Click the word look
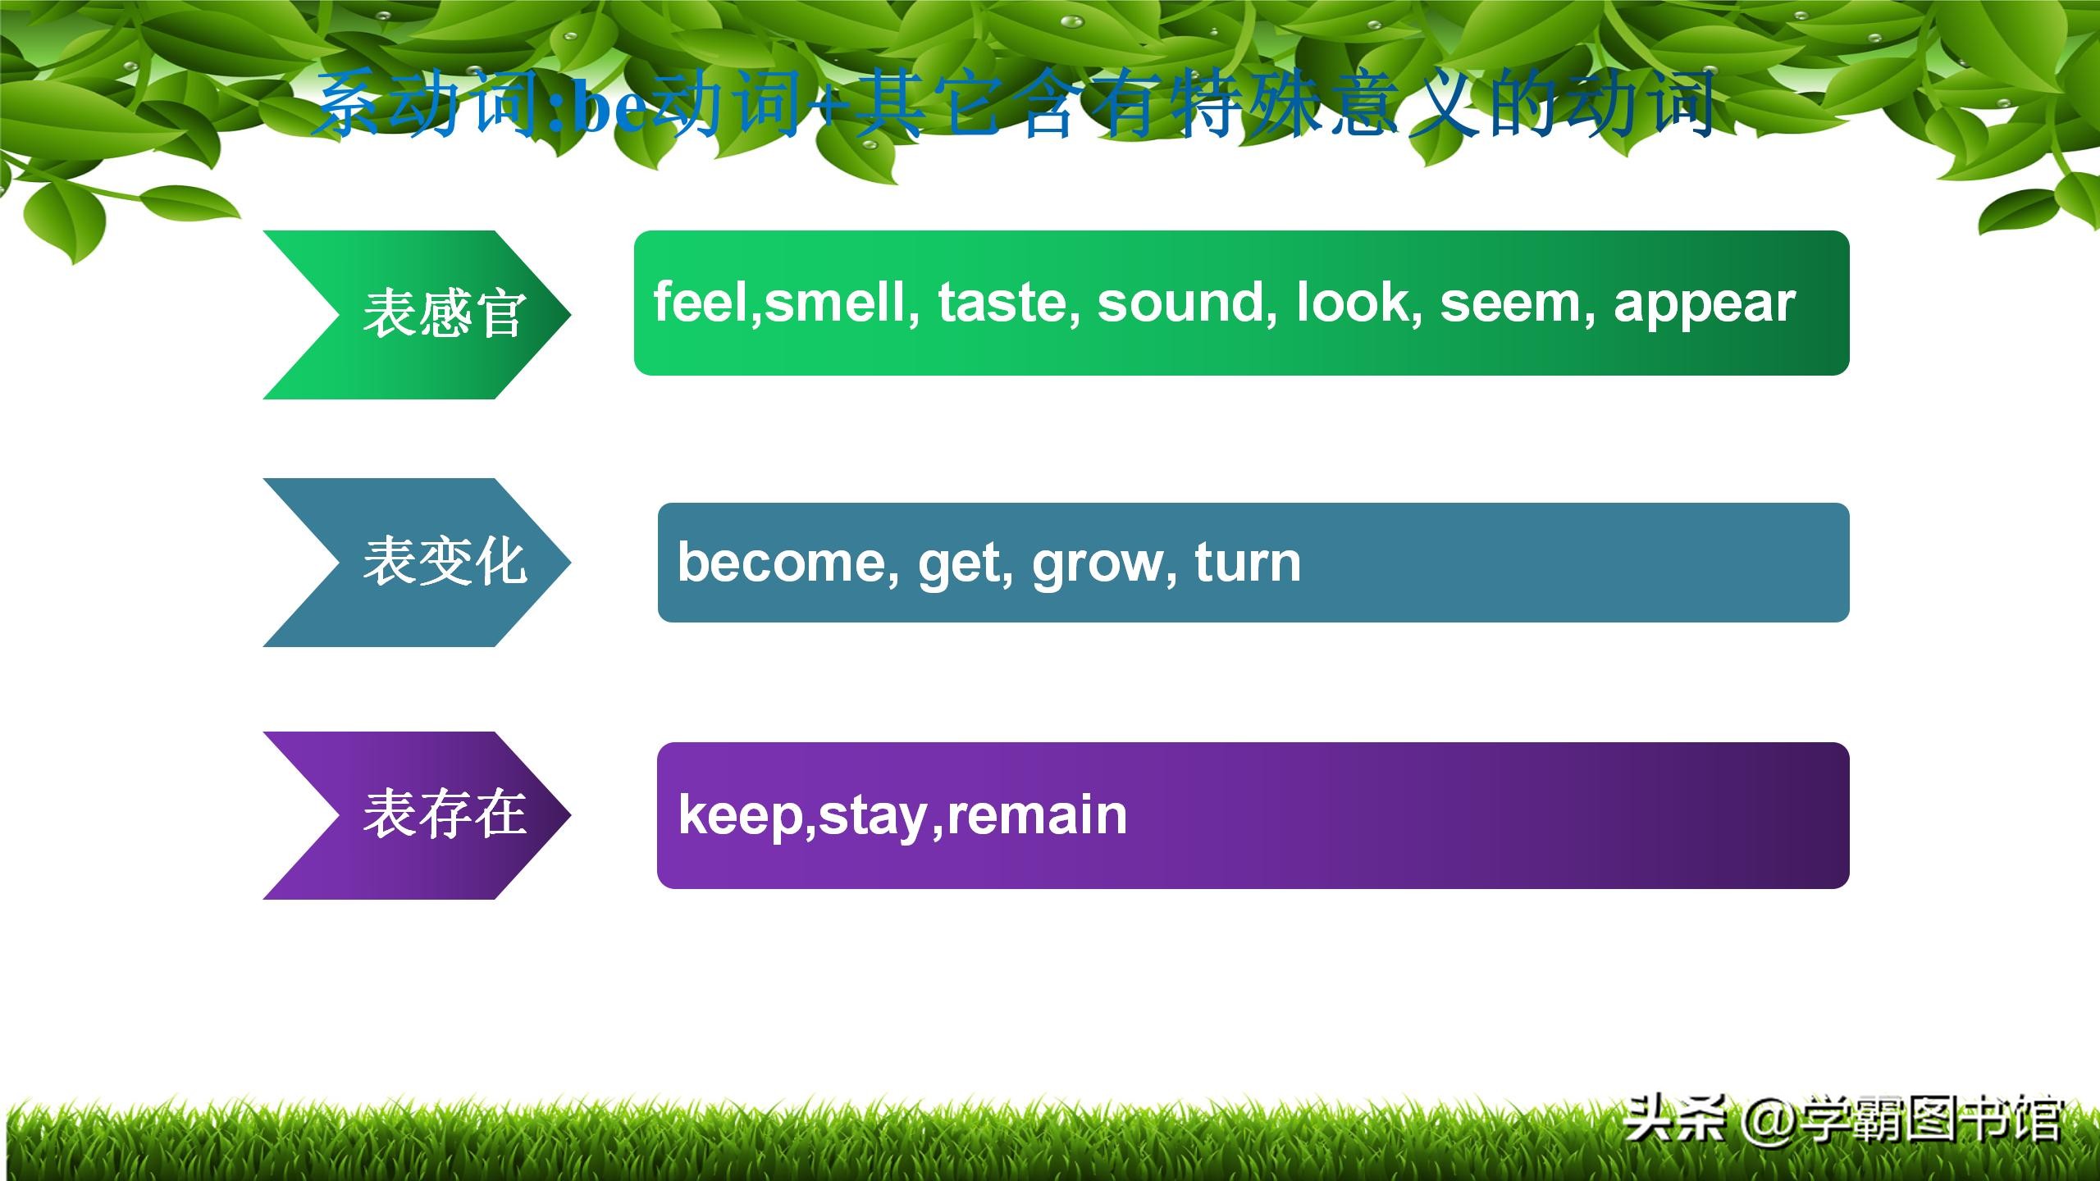point(1354,301)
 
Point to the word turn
point(1248,563)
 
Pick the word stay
point(873,818)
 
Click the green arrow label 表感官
point(443,313)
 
